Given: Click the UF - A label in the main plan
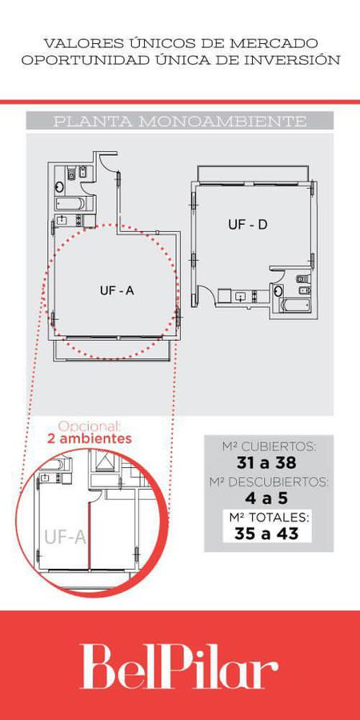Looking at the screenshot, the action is (x=117, y=290).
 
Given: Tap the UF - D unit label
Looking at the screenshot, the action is (x=248, y=225).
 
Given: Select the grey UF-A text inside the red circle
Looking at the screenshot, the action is (x=66, y=536).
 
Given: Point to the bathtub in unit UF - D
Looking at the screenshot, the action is (x=294, y=306).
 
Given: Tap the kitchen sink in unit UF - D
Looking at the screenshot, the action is (x=241, y=297).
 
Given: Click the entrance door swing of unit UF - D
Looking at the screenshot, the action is (x=206, y=293).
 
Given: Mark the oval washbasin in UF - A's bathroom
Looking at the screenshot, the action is (x=60, y=187).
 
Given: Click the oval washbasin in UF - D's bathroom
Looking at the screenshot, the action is (x=278, y=290).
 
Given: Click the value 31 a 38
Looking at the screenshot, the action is (x=266, y=463).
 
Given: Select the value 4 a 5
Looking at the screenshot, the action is (x=266, y=498).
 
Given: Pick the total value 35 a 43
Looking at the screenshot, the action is (x=266, y=534).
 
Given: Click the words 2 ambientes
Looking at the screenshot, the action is (x=90, y=438).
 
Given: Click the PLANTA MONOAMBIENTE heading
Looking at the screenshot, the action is (x=179, y=122).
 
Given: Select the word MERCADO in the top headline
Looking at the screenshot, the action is (x=274, y=44).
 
